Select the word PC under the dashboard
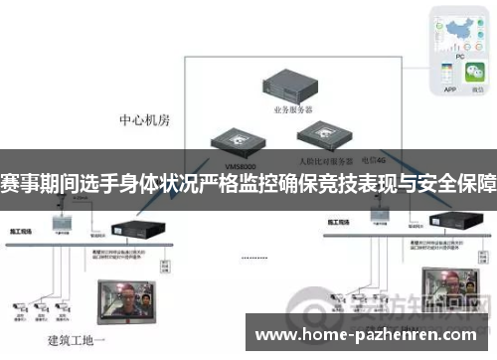[x=460, y=57]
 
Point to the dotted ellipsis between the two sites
[x=254, y=257]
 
